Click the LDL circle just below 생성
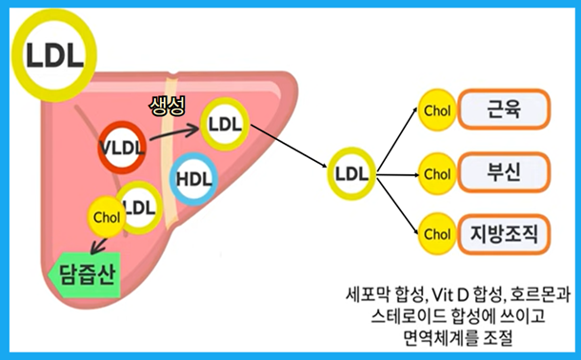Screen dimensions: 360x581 225,124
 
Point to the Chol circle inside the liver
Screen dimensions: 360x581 107,216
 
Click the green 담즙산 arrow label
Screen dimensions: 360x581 81,277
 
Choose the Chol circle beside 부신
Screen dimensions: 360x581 436,174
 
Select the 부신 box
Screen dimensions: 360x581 505,173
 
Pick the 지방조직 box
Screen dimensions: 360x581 505,232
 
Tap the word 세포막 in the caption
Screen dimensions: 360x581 366,293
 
